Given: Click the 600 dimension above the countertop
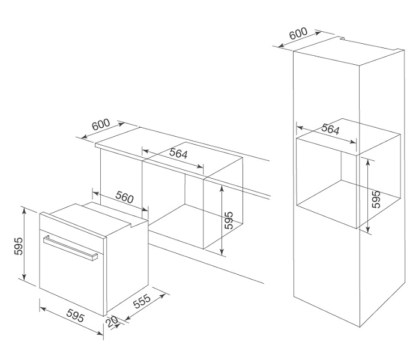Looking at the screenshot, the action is (101, 124).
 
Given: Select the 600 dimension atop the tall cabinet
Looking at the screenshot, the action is (298, 34).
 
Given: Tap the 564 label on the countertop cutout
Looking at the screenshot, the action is (178, 153).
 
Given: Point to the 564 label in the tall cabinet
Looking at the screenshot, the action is (330, 129).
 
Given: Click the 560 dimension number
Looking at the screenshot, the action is (124, 197).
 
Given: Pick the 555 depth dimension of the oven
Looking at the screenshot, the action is (142, 301).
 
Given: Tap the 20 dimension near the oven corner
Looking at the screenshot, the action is (112, 322).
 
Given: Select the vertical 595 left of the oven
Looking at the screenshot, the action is (19, 247).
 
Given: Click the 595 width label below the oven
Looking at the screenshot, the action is (76, 316).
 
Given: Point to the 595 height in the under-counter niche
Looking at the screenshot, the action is (229, 221).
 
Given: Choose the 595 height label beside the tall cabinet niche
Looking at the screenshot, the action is (376, 199).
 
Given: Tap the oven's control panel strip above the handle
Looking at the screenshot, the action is (72, 226).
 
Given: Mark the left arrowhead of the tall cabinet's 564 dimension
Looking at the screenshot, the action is (300, 128).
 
